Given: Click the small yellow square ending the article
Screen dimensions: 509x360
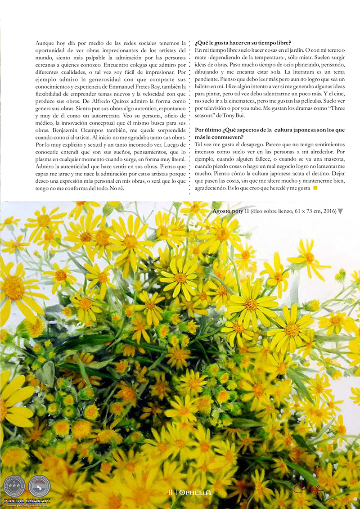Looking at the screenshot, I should point(315,188).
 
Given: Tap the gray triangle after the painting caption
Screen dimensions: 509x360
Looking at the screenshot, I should point(340,211).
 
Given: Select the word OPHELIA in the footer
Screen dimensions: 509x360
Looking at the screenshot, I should point(195,492).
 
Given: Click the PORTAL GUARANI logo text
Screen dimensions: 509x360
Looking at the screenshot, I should point(27,500).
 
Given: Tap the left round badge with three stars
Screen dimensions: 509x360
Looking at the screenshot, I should point(14,486).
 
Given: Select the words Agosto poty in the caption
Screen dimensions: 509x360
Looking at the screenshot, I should point(227,211).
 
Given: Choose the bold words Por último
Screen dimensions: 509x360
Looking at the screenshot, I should point(209,130).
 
